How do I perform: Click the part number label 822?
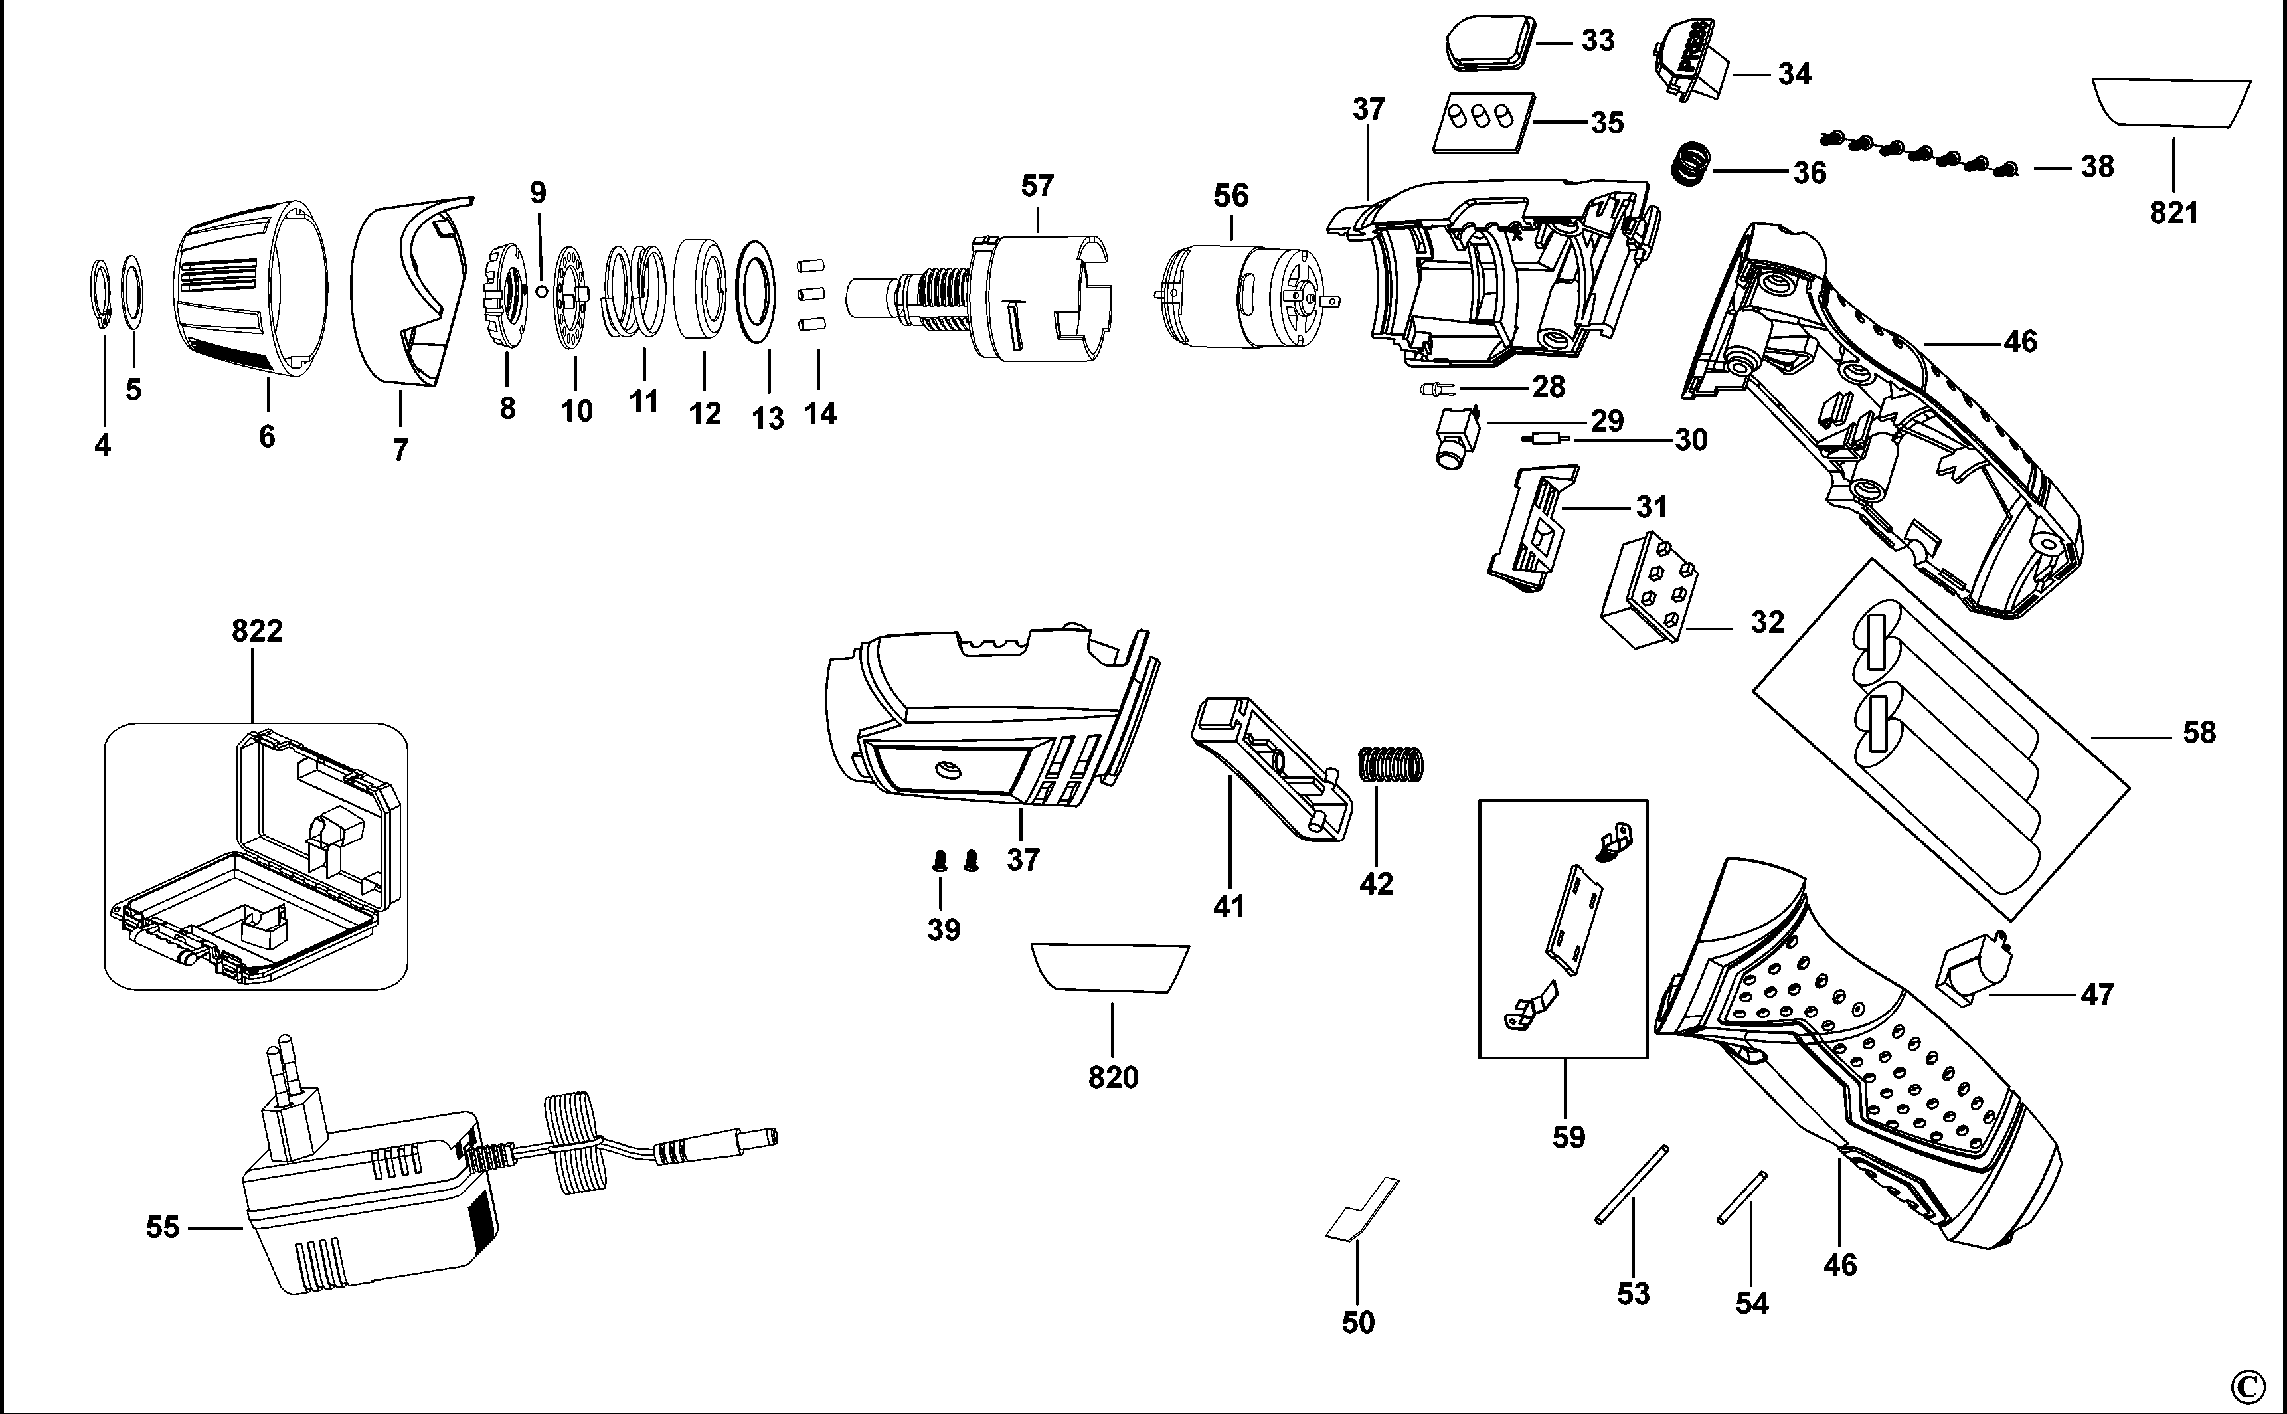click(257, 632)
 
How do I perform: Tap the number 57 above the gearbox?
click(1037, 186)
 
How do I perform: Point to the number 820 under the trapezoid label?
click(1113, 1077)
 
